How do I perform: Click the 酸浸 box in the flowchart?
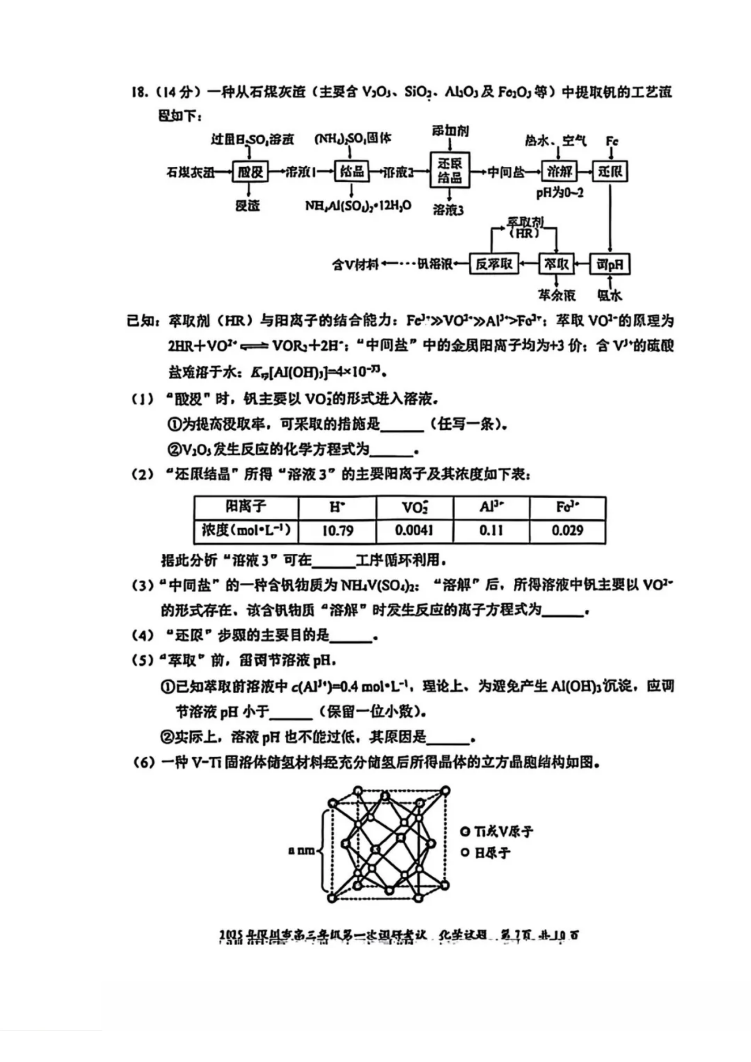click(250, 172)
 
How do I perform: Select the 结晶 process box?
click(352, 172)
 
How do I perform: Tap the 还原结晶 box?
click(450, 170)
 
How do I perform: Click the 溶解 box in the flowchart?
click(559, 172)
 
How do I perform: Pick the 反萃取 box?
click(494, 264)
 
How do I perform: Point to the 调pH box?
click(609, 264)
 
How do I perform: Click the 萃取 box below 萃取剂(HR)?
click(556, 264)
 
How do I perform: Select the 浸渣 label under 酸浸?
click(248, 205)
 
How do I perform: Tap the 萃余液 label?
click(557, 295)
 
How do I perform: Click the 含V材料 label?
click(355, 264)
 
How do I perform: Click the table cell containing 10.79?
click(337, 530)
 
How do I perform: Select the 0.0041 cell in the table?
click(414, 530)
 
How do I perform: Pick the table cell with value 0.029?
click(567, 530)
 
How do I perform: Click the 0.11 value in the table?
click(491, 530)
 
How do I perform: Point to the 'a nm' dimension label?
click(301, 850)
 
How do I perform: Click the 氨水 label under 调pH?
click(609, 295)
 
